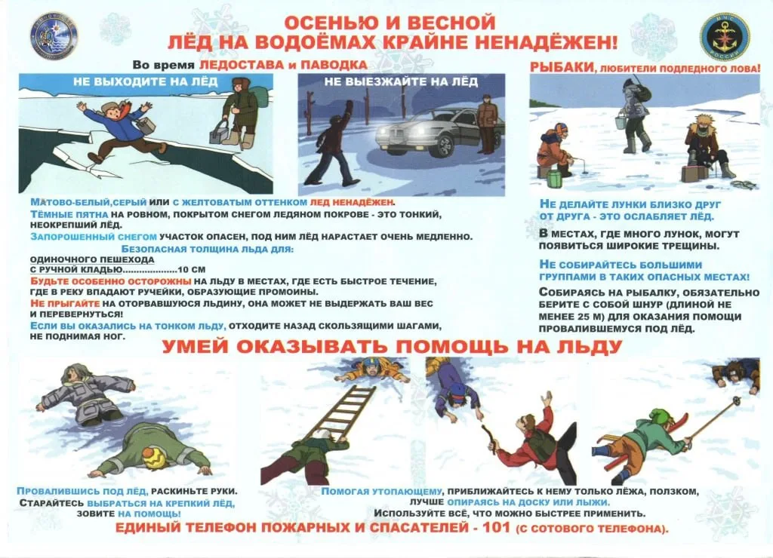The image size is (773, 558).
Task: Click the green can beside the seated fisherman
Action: tap(555, 179)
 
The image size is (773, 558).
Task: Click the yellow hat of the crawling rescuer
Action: tap(154, 455)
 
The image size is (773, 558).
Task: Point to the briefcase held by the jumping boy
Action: tap(144, 125)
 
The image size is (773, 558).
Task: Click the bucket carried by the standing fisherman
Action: tap(619, 119)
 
